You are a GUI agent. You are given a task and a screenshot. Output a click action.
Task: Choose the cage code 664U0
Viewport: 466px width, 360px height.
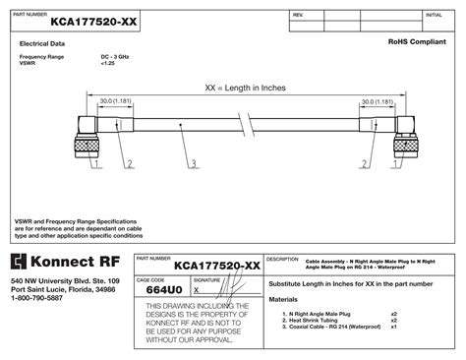tap(164, 290)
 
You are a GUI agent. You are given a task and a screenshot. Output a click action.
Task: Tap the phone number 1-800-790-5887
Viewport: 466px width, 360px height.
tap(42, 298)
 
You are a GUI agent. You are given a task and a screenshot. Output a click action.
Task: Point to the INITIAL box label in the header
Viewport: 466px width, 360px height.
tap(433, 16)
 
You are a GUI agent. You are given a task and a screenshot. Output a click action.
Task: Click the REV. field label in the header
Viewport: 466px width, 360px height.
tap(298, 16)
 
